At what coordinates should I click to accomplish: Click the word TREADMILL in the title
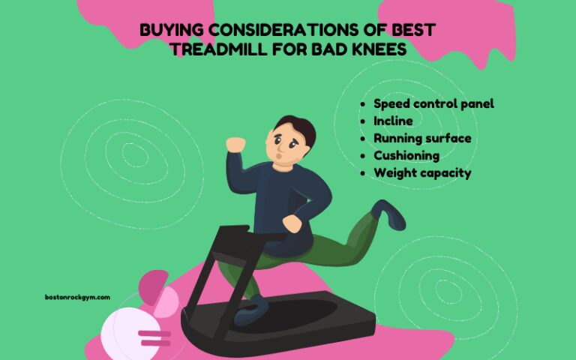click(x=218, y=49)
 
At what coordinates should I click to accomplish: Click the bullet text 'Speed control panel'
click(x=433, y=103)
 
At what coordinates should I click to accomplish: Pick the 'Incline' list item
click(x=393, y=121)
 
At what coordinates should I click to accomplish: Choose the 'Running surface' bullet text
click(x=422, y=138)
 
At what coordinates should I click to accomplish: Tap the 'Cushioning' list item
click(x=406, y=155)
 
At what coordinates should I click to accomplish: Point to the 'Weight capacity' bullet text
click(x=422, y=172)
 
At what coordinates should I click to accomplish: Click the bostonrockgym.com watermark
click(x=77, y=297)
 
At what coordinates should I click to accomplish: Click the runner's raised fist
click(x=235, y=144)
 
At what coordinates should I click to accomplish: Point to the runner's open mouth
click(x=279, y=156)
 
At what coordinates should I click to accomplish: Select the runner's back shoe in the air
click(x=388, y=214)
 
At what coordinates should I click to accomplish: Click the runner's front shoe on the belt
click(x=252, y=310)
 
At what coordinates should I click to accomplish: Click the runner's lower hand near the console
click(x=292, y=223)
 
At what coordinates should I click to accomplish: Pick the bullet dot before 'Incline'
click(x=363, y=121)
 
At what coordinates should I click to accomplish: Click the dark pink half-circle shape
click(x=154, y=286)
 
